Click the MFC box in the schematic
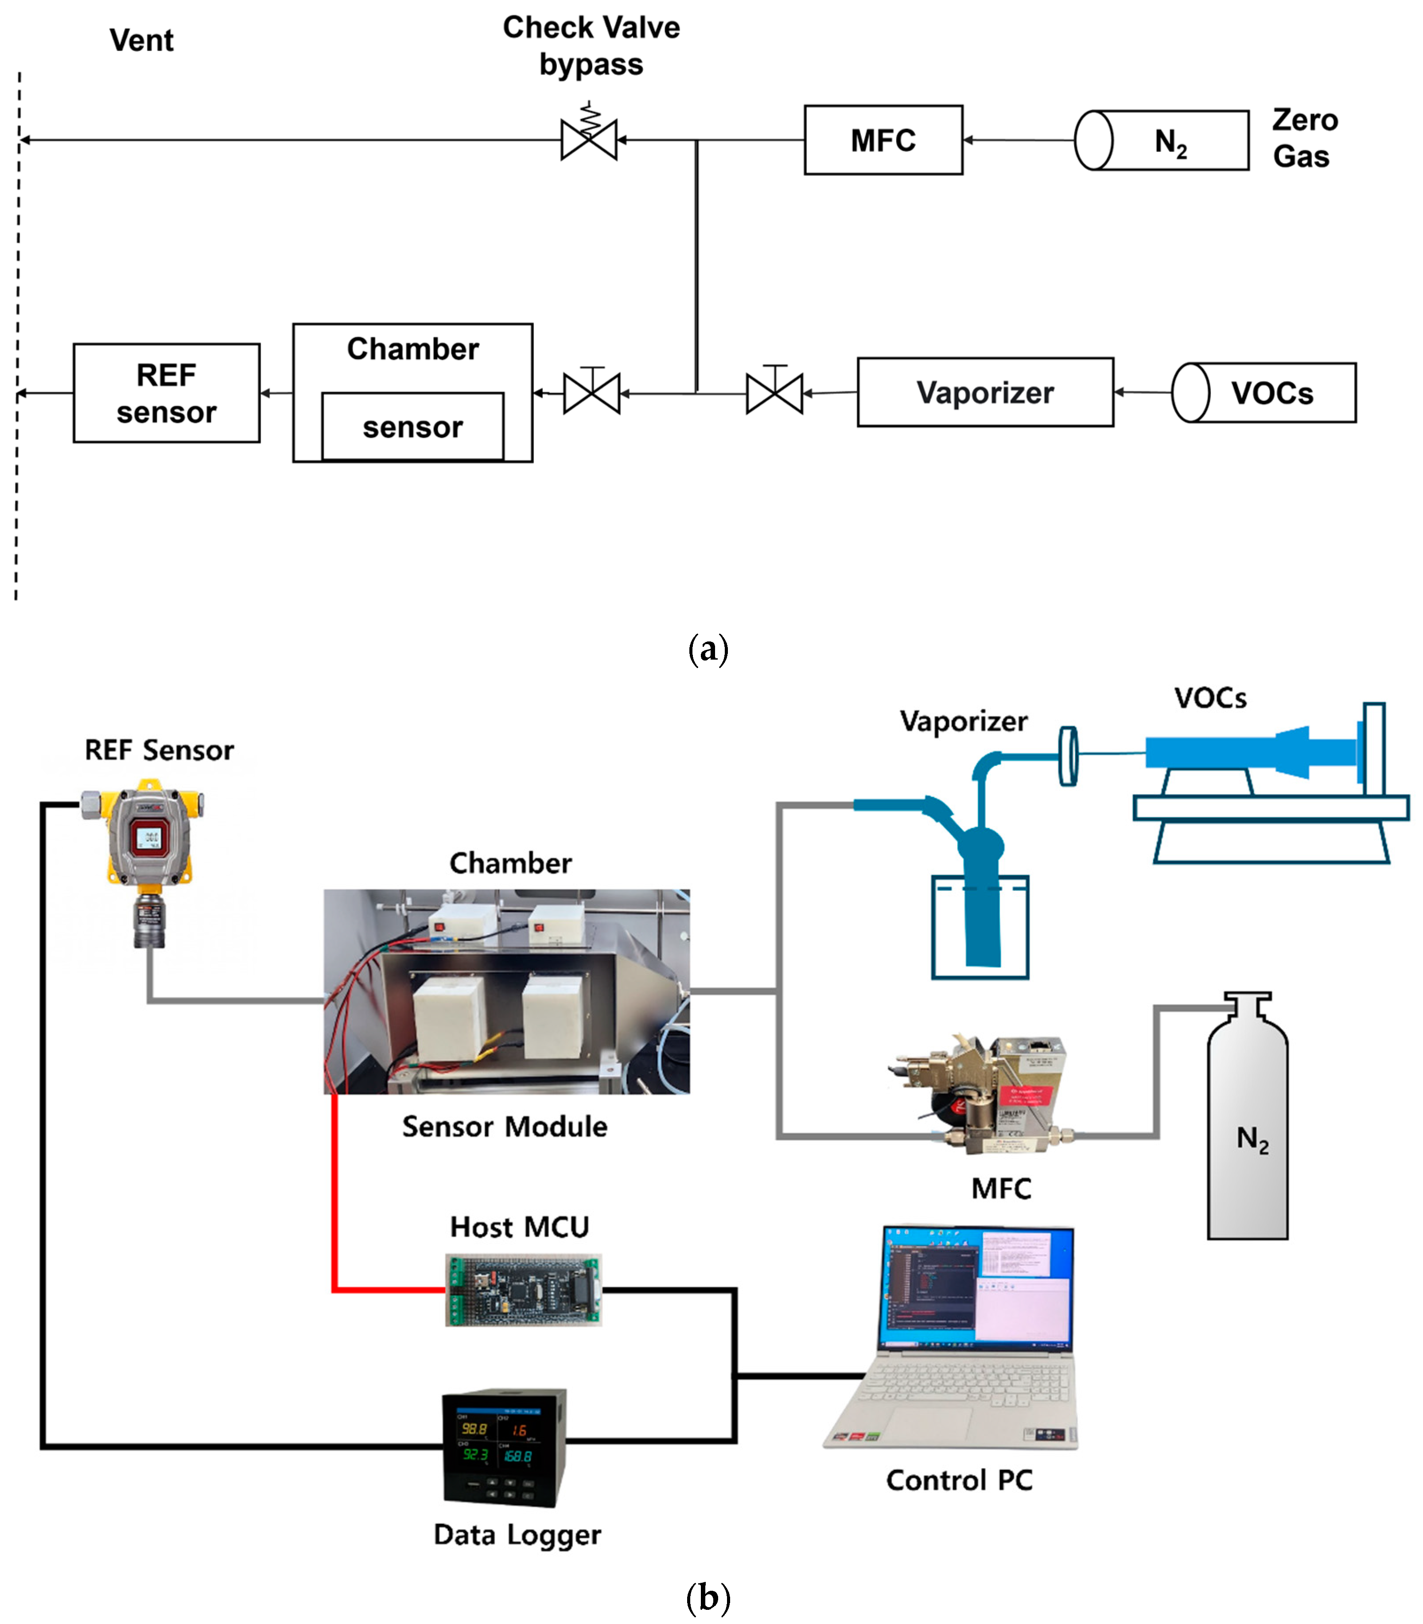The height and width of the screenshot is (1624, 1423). click(x=883, y=140)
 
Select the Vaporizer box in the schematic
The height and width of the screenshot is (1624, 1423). click(x=985, y=392)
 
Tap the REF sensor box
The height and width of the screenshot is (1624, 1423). click(x=166, y=393)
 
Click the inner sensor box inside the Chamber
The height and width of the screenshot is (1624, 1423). click(x=412, y=427)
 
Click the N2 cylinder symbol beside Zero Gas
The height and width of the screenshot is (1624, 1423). click(x=1161, y=140)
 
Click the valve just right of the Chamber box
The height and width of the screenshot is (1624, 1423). click(x=591, y=392)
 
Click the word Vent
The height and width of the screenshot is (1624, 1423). click(x=141, y=40)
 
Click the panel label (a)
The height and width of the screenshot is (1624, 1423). click(x=708, y=649)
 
